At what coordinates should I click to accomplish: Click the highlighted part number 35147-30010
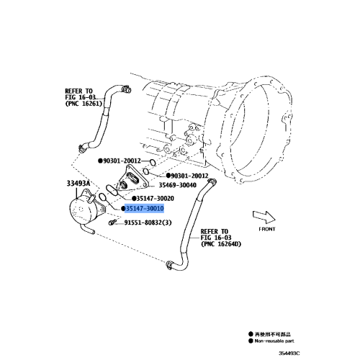pos(145,208)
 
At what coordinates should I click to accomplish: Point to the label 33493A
pos(78,184)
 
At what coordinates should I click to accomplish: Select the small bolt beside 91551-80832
pos(113,222)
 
